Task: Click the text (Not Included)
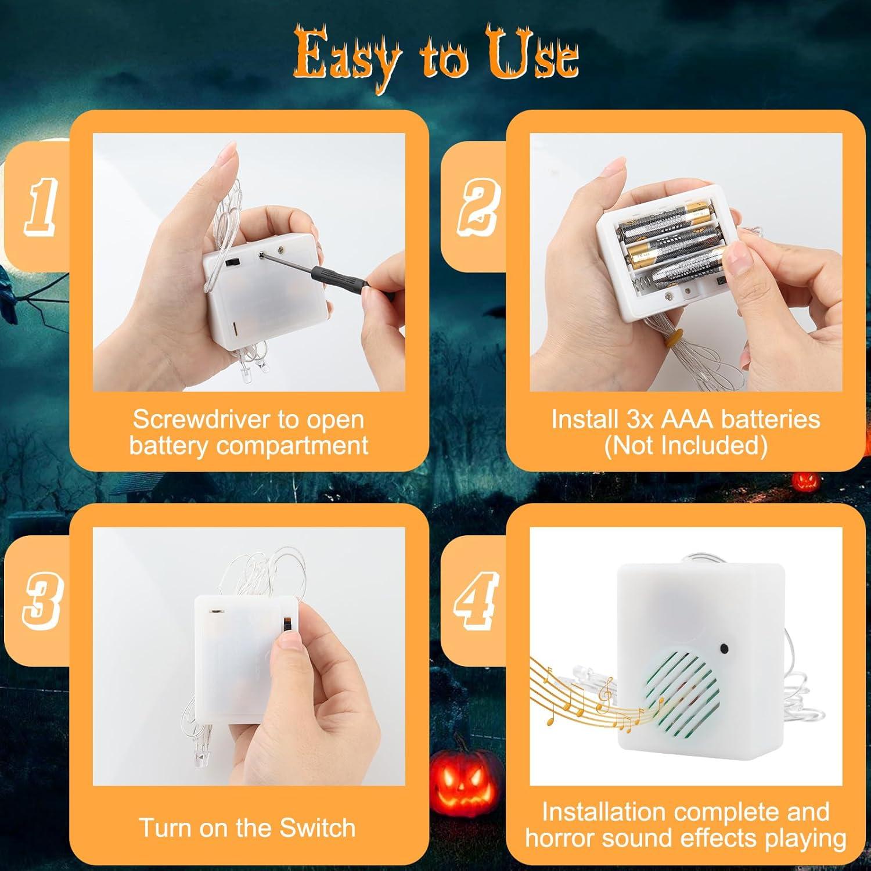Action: tap(685, 445)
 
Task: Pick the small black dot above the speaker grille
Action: tap(724, 648)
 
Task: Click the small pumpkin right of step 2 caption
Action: tap(806, 480)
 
